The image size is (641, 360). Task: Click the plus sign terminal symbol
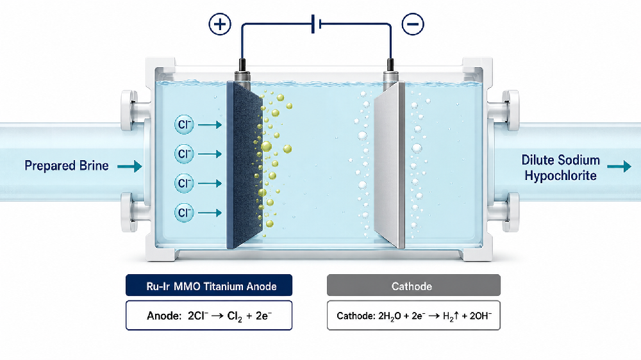click(220, 24)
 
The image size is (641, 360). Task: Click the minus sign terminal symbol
click(413, 24)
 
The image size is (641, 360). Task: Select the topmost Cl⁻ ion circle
click(184, 124)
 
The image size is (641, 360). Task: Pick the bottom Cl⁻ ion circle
click(184, 213)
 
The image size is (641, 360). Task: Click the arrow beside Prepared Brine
click(129, 166)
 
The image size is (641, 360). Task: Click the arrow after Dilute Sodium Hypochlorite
click(619, 167)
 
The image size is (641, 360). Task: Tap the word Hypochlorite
click(560, 176)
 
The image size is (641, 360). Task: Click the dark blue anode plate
click(244, 165)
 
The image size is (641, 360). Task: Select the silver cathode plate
click(389, 165)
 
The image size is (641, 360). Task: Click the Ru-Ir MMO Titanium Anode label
click(209, 285)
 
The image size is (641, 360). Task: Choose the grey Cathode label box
click(413, 285)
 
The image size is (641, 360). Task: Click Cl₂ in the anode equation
click(235, 316)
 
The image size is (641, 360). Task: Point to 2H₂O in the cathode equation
click(390, 316)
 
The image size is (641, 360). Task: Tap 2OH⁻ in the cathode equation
click(481, 316)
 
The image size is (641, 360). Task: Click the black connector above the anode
click(242, 65)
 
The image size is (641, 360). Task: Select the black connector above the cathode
click(390, 65)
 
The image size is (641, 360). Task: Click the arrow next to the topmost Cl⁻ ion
click(210, 125)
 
